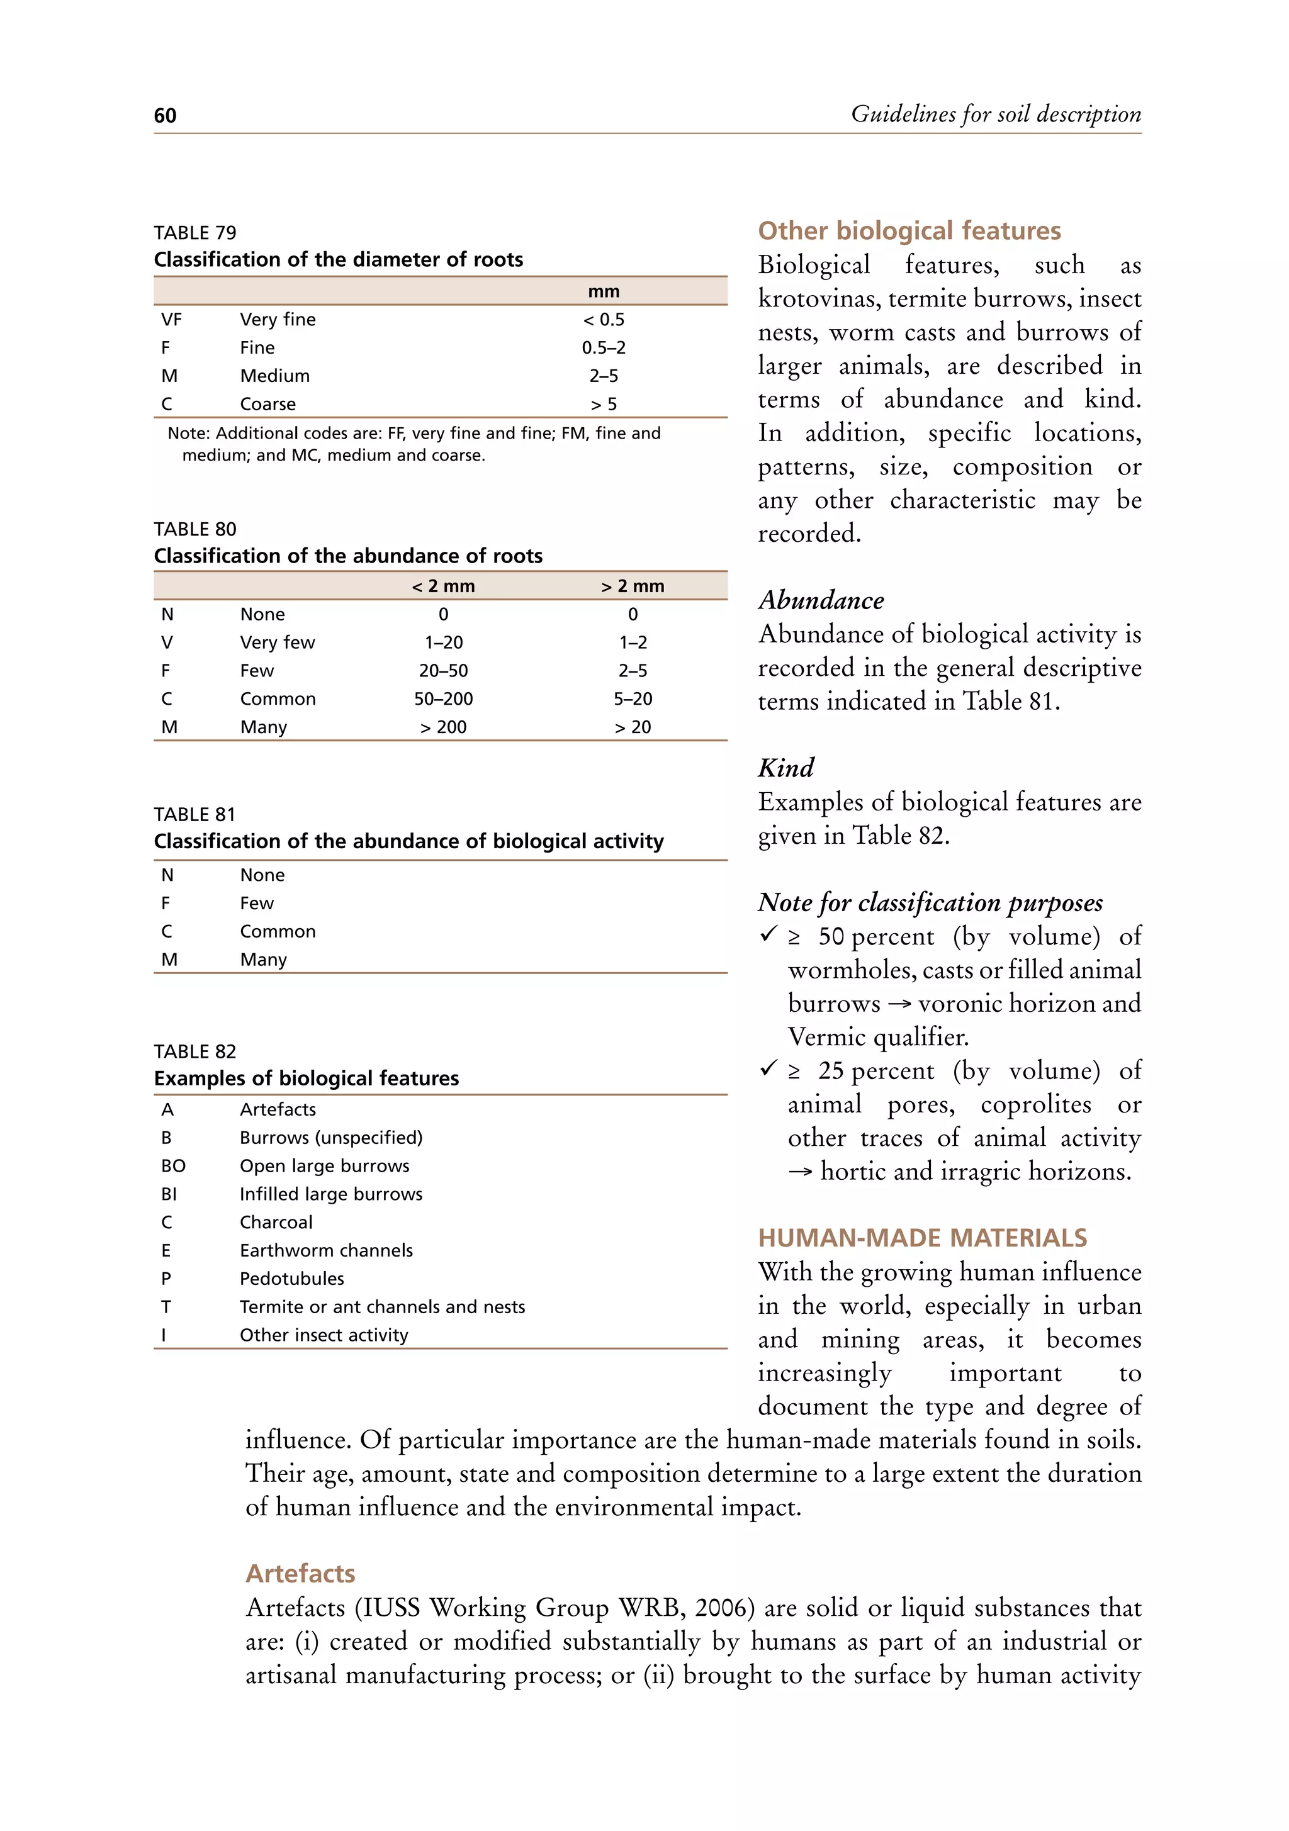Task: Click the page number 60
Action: pyautogui.click(x=165, y=116)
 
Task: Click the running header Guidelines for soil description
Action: pyautogui.click(x=996, y=114)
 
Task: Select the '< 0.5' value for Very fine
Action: pyautogui.click(x=603, y=320)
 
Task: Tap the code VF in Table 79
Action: pyautogui.click(x=171, y=320)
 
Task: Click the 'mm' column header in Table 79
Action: pyautogui.click(x=603, y=292)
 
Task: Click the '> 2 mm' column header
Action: pyautogui.click(x=632, y=586)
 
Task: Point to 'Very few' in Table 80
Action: pyautogui.click(x=277, y=643)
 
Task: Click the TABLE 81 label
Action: pyautogui.click(x=194, y=814)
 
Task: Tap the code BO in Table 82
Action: pyautogui.click(x=173, y=1166)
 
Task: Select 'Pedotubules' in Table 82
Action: pyautogui.click(x=292, y=1279)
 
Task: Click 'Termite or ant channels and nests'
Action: pyautogui.click(x=382, y=1307)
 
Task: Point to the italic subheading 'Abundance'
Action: pyautogui.click(x=821, y=600)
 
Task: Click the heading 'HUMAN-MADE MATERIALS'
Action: pyautogui.click(x=922, y=1238)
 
